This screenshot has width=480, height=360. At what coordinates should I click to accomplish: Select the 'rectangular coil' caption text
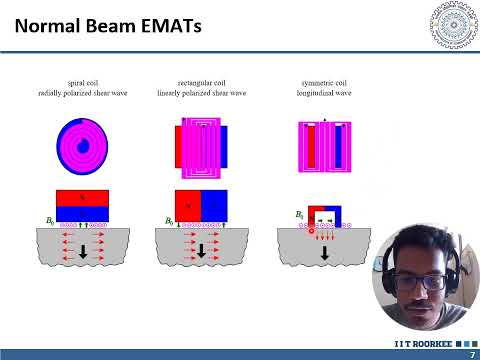pyautogui.click(x=201, y=79)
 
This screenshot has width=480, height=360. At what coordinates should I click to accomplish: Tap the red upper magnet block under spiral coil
pyautogui.click(x=82, y=198)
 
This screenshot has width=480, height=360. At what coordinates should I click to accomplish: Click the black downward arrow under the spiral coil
pyautogui.click(x=82, y=251)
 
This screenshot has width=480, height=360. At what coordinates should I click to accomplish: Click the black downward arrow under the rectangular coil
pyautogui.click(x=201, y=251)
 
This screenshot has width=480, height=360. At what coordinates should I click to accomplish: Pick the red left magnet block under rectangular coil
pyautogui.click(x=188, y=205)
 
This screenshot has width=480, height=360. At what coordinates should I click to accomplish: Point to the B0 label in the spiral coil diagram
pyautogui.click(x=50, y=217)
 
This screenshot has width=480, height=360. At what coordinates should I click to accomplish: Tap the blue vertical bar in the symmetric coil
pyautogui.click(x=338, y=146)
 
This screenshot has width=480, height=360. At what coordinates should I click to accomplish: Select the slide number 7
pyautogui.click(x=470, y=354)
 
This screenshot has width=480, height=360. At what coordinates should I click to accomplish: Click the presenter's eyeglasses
pyautogui.click(x=422, y=281)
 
